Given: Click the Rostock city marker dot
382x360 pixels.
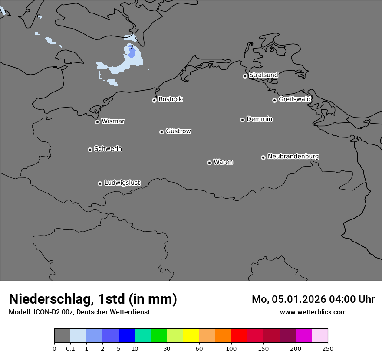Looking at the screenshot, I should click(x=154, y=100).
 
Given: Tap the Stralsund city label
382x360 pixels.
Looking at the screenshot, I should click(x=263, y=75).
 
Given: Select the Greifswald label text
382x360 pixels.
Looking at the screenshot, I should click(x=294, y=99).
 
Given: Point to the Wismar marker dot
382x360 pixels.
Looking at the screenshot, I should click(x=97, y=122).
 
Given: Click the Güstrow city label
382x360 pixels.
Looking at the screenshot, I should click(x=178, y=131).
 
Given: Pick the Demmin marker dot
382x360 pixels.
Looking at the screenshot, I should click(x=242, y=120).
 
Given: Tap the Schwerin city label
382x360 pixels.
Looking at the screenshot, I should click(x=108, y=149).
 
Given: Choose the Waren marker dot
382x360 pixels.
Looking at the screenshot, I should click(x=209, y=163).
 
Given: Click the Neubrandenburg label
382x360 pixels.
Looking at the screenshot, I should click(x=293, y=157).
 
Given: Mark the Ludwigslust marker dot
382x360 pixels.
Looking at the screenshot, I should click(x=100, y=183).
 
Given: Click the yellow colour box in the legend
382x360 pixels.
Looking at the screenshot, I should click(x=191, y=336).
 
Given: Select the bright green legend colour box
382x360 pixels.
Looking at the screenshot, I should click(x=158, y=336).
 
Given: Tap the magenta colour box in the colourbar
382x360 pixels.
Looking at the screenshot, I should click(x=303, y=336).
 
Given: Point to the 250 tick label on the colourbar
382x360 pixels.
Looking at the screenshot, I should click(x=328, y=348).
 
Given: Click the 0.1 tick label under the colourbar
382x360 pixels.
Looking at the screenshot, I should click(x=70, y=348).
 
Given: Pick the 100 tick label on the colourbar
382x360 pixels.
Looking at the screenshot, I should click(x=231, y=348).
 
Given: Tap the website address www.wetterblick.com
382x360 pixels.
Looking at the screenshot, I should click(x=313, y=312).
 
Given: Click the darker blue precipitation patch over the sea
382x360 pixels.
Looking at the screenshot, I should click(x=132, y=54).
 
